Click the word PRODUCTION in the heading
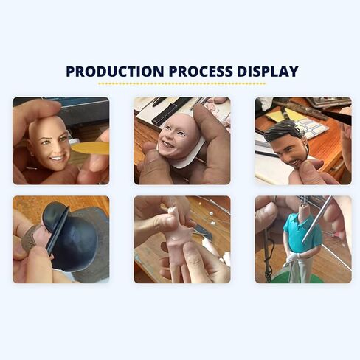[115, 72]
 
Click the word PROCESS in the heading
[201, 72]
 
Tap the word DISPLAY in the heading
[268, 72]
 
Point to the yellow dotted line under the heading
[181, 83]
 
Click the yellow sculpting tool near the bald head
[90, 148]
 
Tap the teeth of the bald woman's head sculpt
[58, 158]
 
